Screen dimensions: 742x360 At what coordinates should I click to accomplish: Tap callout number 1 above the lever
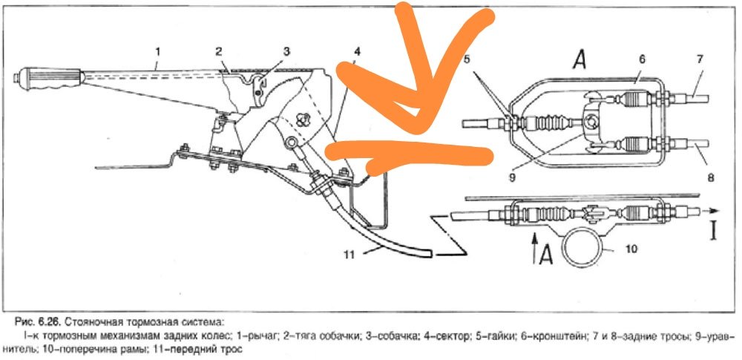(157, 50)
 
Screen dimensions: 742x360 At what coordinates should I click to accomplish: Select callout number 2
(219, 50)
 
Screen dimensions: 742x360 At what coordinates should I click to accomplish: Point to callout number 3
(286, 51)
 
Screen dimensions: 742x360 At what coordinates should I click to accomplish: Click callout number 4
(356, 50)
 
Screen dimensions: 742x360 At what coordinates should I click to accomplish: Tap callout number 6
(642, 59)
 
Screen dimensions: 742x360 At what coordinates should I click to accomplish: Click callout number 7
(700, 59)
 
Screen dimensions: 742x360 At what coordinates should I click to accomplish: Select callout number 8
(712, 178)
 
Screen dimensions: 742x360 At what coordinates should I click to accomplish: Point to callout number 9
(513, 178)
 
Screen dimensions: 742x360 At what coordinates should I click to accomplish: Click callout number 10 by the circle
(631, 248)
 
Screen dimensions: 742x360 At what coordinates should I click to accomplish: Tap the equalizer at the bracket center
(591, 123)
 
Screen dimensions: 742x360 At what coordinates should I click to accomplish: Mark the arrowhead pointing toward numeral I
(715, 211)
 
